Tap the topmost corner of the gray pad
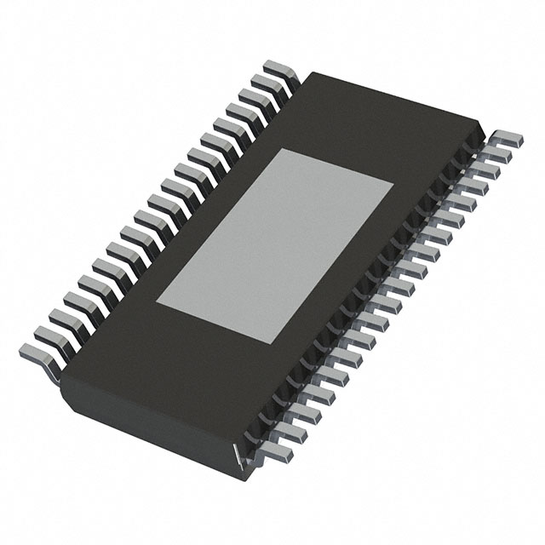[x=283, y=149]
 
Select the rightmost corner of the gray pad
[x=393, y=184]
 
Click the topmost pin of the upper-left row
[x=277, y=68]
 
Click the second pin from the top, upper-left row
[x=263, y=83]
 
